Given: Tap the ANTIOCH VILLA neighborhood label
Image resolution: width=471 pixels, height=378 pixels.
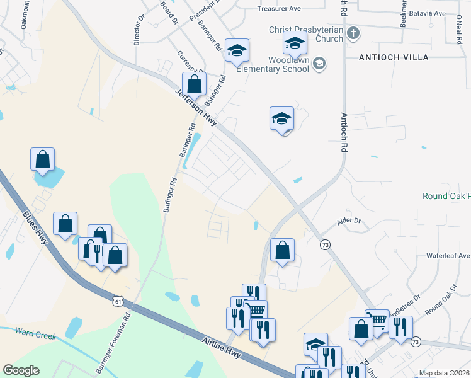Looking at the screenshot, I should (394, 57).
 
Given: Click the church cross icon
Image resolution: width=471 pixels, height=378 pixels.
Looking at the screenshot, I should (353, 33).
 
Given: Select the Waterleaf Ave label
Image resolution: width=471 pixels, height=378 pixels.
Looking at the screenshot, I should (448, 256).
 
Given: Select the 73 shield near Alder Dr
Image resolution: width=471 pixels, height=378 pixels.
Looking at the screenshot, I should (325, 244).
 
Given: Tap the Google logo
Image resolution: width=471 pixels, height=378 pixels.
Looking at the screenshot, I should (21, 370).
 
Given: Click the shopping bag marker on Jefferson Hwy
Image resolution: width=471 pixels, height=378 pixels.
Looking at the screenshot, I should (195, 84).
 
